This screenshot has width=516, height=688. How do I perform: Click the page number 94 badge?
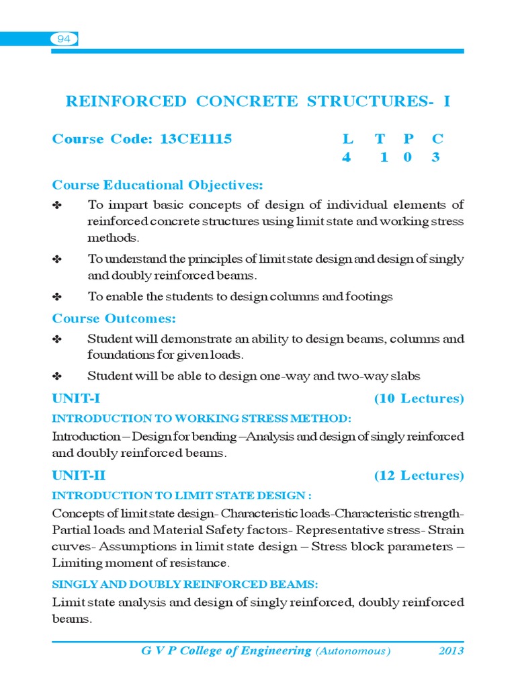point(64,39)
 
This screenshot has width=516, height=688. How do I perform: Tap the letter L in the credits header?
point(347,139)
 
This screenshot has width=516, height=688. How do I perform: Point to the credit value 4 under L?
point(347,158)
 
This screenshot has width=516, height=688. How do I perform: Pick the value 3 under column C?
point(436,158)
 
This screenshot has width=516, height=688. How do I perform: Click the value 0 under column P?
point(409,158)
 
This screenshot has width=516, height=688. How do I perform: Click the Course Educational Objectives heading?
point(158,185)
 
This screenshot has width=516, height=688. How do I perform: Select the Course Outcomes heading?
point(114,318)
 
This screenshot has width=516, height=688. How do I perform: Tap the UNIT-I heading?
point(77,399)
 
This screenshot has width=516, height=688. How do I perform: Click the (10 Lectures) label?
point(419,399)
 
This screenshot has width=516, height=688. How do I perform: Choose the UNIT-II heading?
point(79,476)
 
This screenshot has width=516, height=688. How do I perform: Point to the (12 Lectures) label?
point(419,476)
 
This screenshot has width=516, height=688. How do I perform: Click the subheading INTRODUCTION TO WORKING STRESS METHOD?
point(202,419)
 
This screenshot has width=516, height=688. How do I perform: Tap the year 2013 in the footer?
point(451,651)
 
